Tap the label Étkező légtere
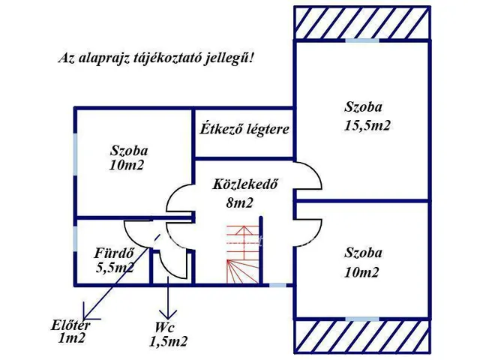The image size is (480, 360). (x=244, y=129)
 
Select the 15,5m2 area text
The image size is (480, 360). (x=367, y=125)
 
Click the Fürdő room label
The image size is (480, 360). (x=114, y=252)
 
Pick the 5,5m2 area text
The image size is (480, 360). (x=115, y=266)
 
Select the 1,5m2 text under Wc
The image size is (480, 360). (x=168, y=342)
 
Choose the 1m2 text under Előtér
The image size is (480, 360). (x=72, y=338)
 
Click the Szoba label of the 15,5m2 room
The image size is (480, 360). (x=364, y=107)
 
